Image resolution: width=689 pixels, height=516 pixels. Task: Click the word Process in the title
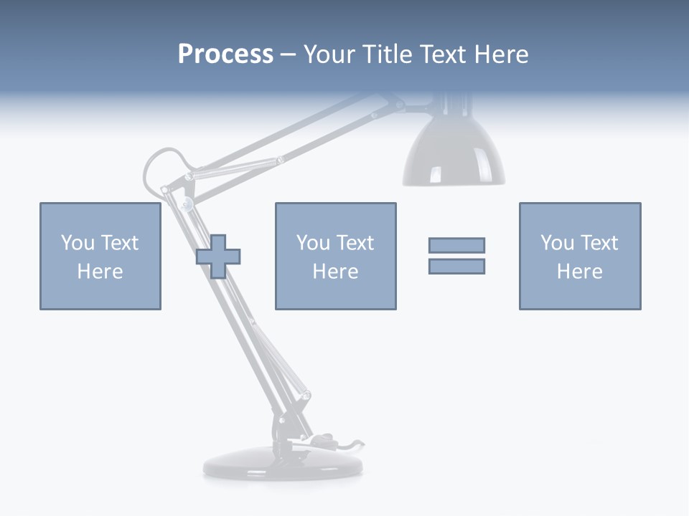[225, 54]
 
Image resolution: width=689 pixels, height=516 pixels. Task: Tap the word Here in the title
[500, 54]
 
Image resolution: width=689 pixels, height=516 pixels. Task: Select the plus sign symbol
[218, 256]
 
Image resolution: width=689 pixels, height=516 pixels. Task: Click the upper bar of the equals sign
[456, 245]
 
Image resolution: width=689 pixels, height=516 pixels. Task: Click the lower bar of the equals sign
[456, 266]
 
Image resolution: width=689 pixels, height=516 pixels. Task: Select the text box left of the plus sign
[100, 256]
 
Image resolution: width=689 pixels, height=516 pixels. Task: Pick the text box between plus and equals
[335, 256]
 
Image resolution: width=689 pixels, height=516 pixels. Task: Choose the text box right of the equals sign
[580, 256]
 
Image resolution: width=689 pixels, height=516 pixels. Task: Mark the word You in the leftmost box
[78, 243]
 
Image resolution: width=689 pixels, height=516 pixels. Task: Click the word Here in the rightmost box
[580, 272]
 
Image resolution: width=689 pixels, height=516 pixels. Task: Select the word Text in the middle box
[355, 243]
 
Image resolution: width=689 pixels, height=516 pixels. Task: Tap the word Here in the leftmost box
[100, 272]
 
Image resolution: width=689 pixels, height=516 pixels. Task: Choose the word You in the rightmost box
[558, 243]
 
